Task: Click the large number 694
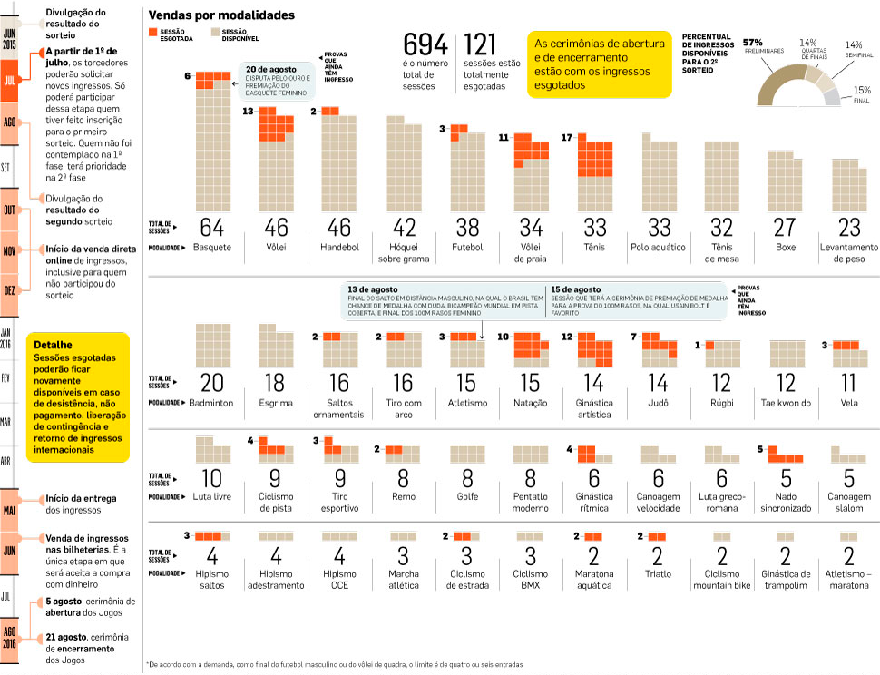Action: click(425, 45)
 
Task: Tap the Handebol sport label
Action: click(340, 247)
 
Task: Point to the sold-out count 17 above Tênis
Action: click(567, 138)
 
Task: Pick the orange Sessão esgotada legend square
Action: click(152, 33)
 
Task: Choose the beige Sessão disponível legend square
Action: click(216, 33)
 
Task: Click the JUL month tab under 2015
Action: click(10, 80)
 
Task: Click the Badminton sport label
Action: click(211, 402)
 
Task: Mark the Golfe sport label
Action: click(464, 496)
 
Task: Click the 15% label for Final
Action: click(861, 90)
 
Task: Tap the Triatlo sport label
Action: click(658, 573)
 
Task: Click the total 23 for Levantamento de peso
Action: click(849, 227)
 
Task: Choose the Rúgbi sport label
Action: click(721, 402)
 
